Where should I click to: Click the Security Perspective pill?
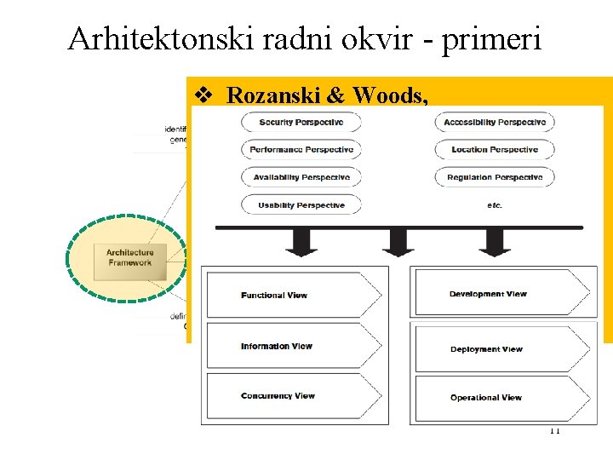click(301, 123)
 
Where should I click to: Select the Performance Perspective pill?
click(301, 150)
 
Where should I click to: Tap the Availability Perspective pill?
click(301, 177)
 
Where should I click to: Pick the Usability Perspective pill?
click(301, 204)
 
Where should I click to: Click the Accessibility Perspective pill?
click(495, 123)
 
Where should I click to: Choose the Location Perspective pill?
click(495, 150)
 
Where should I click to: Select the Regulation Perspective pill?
click(495, 177)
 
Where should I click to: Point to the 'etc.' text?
click(495, 204)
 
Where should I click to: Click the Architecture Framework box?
click(129, 257)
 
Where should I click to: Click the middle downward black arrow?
click(398, 243)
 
